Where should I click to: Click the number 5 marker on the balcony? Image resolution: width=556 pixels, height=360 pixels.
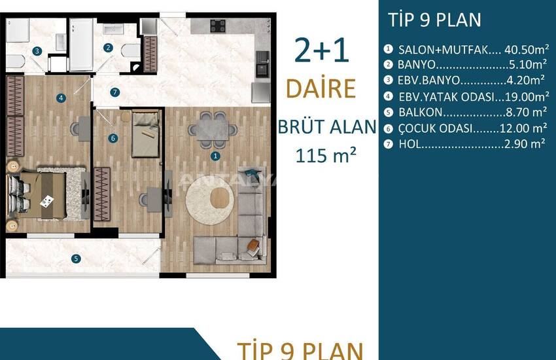click(76, 259)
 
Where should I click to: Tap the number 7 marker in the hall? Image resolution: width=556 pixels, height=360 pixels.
click(114, 92)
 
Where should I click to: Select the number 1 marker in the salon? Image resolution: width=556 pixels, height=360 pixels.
click(215, 156)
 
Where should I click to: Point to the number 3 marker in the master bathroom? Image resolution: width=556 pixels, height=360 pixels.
click(37, 51)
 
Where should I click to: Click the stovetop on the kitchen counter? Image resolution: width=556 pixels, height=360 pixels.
click(218, 26)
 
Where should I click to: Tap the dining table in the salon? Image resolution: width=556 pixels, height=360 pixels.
click(213, 130)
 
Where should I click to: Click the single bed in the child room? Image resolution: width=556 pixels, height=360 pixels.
click(145, 134)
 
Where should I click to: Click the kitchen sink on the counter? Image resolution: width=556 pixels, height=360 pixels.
click(262, 64)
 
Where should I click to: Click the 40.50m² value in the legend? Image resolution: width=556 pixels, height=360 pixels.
click(527, 49)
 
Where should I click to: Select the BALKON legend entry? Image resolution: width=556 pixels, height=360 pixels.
click(465, 112)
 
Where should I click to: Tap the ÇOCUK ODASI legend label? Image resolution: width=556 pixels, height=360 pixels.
click(436, 128)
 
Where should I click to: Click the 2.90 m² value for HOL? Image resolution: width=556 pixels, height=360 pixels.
click(525, 143)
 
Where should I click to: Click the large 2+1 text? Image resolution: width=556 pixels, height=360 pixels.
click(322, 50)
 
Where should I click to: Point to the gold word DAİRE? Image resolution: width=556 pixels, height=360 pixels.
click(321, 88)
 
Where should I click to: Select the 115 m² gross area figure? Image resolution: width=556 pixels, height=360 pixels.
click(326, 155)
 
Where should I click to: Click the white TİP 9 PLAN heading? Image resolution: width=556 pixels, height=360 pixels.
click(434, 20)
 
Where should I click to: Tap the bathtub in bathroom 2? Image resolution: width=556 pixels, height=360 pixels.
click(81, 45)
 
